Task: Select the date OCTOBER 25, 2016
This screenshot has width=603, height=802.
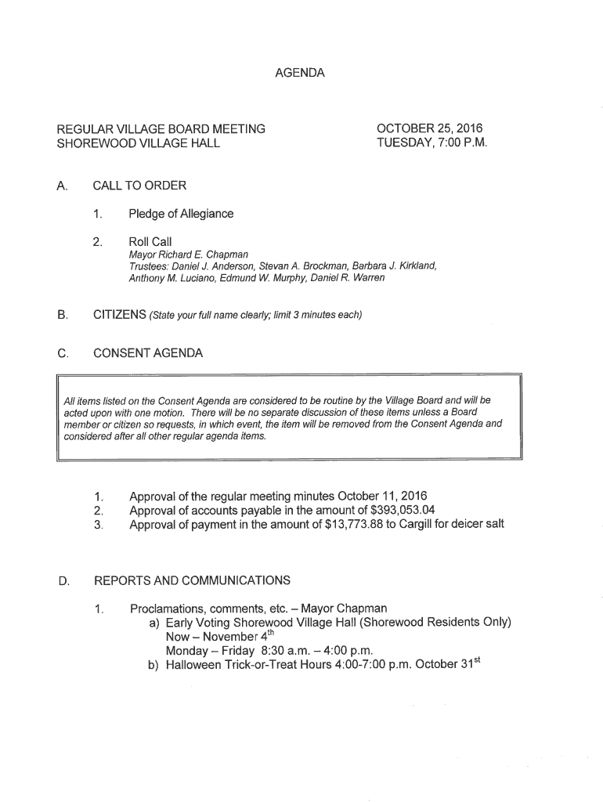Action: point(430,128)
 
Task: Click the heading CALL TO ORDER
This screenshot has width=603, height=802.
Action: point(139,186)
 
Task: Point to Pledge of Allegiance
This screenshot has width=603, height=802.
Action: point(181,214)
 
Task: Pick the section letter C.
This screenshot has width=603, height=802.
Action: point(61,353)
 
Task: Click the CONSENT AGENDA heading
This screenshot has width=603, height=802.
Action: point(148,353)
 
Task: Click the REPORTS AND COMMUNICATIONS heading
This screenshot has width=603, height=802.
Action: point(192,580)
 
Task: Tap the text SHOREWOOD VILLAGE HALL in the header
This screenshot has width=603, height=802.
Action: point(138,143)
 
